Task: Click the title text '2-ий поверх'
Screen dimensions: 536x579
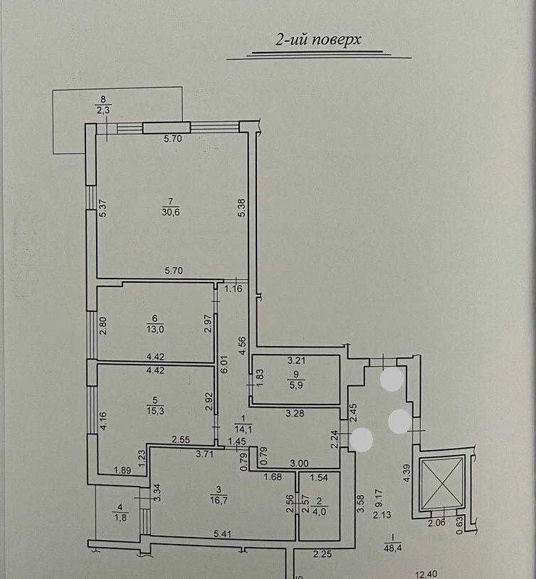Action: (x=318, y=39)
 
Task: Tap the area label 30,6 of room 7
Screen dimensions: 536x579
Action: (x=171, y=212)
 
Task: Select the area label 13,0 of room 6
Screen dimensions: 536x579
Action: (x=155, y=329)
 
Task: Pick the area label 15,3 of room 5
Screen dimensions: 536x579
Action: (x=155, y=411)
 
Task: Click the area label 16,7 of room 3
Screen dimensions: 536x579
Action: (x=219, y=501)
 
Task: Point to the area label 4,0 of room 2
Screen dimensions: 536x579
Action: (x=320, y=512)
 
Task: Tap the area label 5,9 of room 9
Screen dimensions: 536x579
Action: (x=296, y=385)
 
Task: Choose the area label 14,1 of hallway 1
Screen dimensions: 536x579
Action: (x=243, y=429)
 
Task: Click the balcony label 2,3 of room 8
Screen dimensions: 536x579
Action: (x=103, y=110)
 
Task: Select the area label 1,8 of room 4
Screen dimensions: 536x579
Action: (x=120, y=518)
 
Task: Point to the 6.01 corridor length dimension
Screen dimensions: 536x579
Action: (x=224, y=365)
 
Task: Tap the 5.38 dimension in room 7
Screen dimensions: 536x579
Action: (x=242, y=208)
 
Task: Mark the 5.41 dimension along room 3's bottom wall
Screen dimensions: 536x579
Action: (x=223, y=533)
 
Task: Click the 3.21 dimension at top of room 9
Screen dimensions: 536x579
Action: (x=296, y=360)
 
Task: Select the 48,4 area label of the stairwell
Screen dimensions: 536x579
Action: (x=392, y=548)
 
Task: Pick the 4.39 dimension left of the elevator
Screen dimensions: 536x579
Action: (x=406, y=473)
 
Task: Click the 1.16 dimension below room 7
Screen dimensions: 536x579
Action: (x=233, y=288)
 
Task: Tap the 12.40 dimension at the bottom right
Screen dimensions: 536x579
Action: (x=426, y=574)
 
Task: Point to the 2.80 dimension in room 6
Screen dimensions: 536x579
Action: (x=103, y=325)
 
